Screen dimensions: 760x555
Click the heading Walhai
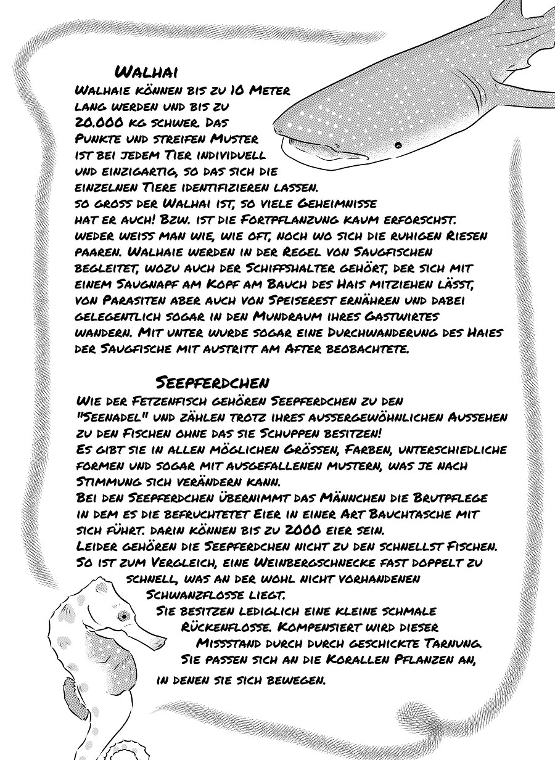tap(147, 70)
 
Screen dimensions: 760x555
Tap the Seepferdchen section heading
tap(213, 382)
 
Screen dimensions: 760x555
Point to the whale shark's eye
tap(398, 145)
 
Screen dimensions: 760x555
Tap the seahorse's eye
tap(124, 615)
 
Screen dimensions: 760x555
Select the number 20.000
tap(104, 122)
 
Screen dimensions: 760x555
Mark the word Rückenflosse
tap(225, 627)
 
